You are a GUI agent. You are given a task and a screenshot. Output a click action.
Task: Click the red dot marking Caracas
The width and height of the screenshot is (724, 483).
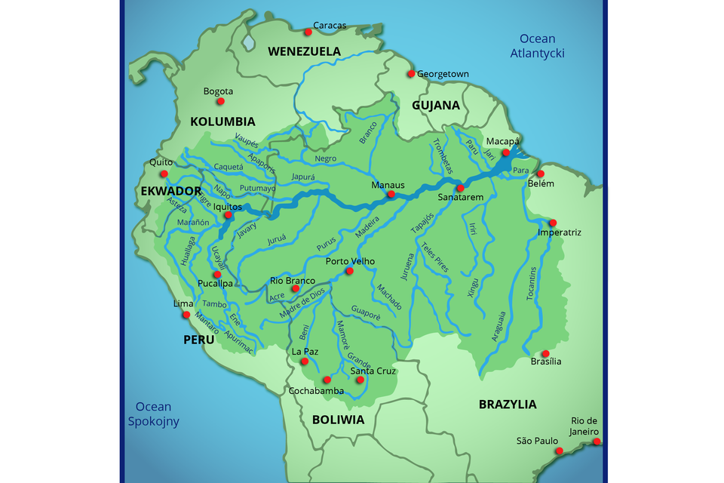(x=308, y=32)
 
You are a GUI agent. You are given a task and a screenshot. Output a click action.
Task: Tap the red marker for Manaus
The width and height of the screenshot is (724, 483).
(x=391, y=195)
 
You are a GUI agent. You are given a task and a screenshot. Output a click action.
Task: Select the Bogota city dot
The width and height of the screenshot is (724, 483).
(x=221, y=101)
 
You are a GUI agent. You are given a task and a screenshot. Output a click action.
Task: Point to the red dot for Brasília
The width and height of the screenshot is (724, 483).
(x=545, y=353)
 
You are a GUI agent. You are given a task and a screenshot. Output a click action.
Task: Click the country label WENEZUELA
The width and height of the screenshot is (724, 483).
(x=304, y=51)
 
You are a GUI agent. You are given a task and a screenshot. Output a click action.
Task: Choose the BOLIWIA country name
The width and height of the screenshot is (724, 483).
(x=338, y=420)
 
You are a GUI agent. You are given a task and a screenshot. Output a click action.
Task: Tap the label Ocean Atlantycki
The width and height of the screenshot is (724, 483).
(x=537, y=46)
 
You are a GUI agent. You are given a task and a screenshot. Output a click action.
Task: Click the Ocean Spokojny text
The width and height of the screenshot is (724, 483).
(x=154, y=414)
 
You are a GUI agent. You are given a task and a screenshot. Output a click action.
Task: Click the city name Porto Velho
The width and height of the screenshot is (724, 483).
(x=350, y=262)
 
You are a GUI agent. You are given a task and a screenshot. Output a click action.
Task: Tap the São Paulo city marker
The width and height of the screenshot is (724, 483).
(x=560, y=451)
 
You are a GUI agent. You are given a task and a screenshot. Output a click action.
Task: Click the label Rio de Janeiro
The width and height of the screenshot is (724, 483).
(x=584, y=426)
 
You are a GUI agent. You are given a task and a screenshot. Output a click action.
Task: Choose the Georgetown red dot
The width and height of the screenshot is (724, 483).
(x=411, y=74)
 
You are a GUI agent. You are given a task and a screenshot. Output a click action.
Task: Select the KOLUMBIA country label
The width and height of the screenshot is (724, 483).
(x=222, y=122)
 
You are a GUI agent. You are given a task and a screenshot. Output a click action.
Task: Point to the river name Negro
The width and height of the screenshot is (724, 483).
(x=326, y=158)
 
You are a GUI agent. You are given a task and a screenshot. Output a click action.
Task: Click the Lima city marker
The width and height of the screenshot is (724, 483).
(x=186, y=315)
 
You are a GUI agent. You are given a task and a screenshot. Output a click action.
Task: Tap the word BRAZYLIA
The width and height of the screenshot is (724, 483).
(x=508, y=405)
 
